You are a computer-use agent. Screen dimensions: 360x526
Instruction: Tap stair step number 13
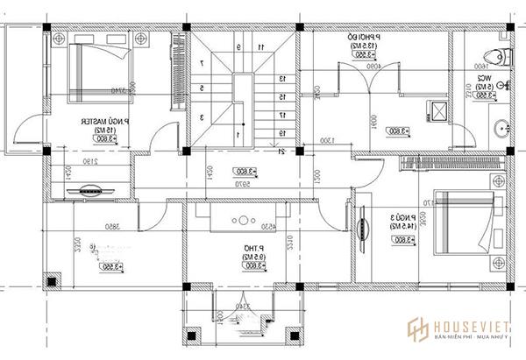click(282, 78)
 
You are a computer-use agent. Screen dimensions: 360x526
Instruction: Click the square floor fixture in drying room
click(435, 110)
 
